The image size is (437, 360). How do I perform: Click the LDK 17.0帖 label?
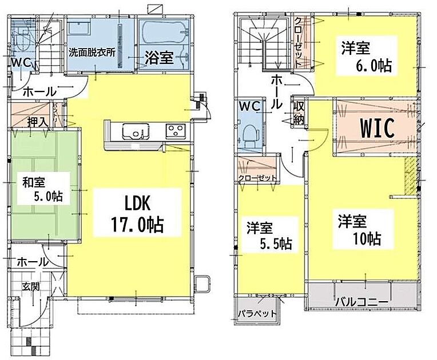click(x=137, y=214)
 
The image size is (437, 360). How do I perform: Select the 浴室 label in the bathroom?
click(x=159, y=58)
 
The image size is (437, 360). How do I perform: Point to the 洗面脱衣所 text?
click(x=92, y=53)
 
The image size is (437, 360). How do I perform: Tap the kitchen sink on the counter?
click(x=135, y=131)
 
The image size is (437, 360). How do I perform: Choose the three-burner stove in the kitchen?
click(x=176, y=131)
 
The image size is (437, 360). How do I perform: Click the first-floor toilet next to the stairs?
click(x=22, y=41)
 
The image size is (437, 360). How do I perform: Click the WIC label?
click(x=378, y=128)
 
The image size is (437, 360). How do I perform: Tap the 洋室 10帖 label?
click(x=359, y=230)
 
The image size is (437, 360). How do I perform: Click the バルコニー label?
click(x=361, y=302)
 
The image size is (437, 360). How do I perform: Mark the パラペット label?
click(x=257, y=314)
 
